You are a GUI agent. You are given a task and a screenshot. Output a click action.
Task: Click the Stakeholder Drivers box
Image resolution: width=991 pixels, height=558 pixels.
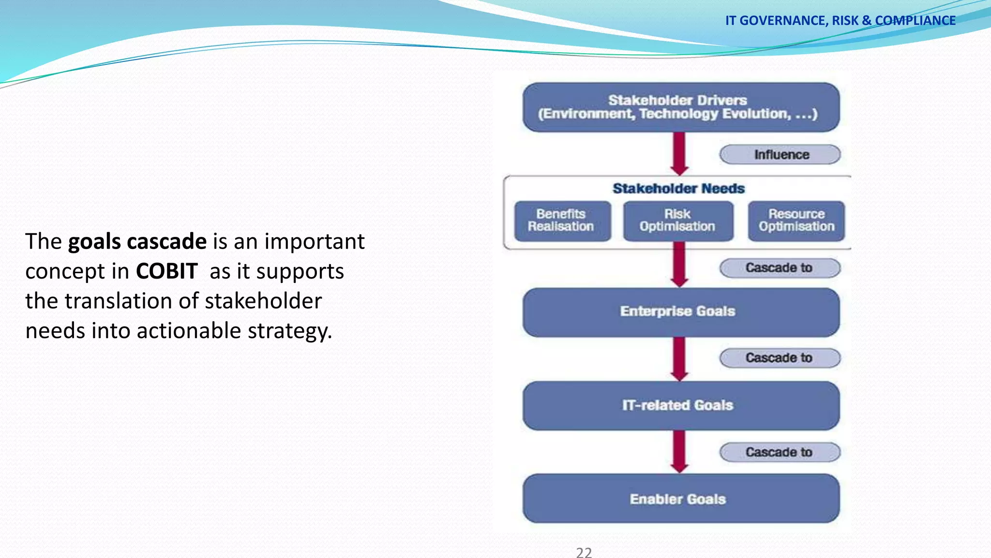click(x=680, y=107)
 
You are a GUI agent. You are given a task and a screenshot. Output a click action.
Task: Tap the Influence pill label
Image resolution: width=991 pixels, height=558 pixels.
click(x=780, y=155)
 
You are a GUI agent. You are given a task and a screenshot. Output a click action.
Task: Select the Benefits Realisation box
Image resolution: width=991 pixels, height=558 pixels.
click(x=562, y=221)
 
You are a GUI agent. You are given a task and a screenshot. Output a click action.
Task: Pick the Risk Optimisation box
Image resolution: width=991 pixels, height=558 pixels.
click(x=677, y=221)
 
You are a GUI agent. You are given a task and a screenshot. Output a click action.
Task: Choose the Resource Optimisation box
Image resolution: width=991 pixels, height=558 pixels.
click(x=796, y=221)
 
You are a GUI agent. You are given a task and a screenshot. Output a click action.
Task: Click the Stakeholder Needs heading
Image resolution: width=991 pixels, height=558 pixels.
click(x=678, y=188)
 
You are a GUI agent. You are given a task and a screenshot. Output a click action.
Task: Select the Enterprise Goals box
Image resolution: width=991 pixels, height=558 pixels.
click(x=680, y=312)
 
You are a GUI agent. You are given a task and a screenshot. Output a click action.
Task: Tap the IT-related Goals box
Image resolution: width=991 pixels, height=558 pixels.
click(x=680, y=405)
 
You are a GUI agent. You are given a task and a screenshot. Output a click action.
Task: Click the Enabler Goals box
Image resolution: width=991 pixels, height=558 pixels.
click(x=680, y=499)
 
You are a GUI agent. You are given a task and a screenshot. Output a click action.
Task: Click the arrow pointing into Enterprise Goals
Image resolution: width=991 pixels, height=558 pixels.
click(x=679, y=265)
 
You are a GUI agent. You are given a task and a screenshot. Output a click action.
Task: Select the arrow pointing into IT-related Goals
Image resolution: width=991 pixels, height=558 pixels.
click(x=679, y=359)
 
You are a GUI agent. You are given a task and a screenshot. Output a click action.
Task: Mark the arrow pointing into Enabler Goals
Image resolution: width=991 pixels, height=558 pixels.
click(x=679, y=452)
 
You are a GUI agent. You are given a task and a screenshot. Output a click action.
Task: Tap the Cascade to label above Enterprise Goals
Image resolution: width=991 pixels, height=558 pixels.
click(x=780, y=268)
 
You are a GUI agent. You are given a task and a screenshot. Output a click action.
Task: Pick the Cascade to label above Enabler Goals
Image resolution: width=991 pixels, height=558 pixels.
click(x=780, y=452)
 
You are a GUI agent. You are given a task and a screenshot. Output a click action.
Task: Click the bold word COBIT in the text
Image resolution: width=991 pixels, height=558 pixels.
click(x=166, y=271)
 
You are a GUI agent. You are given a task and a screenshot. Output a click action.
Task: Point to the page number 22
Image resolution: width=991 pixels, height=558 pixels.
click(x=584, y=552)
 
